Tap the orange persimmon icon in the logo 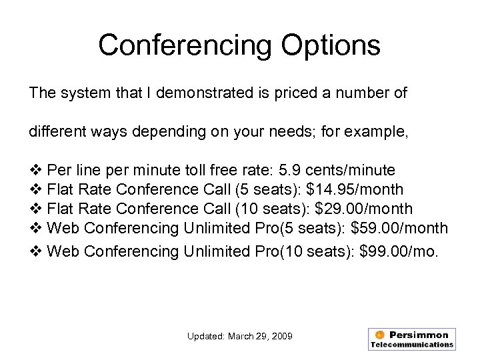point(379,335)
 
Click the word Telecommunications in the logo point(412,345)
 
